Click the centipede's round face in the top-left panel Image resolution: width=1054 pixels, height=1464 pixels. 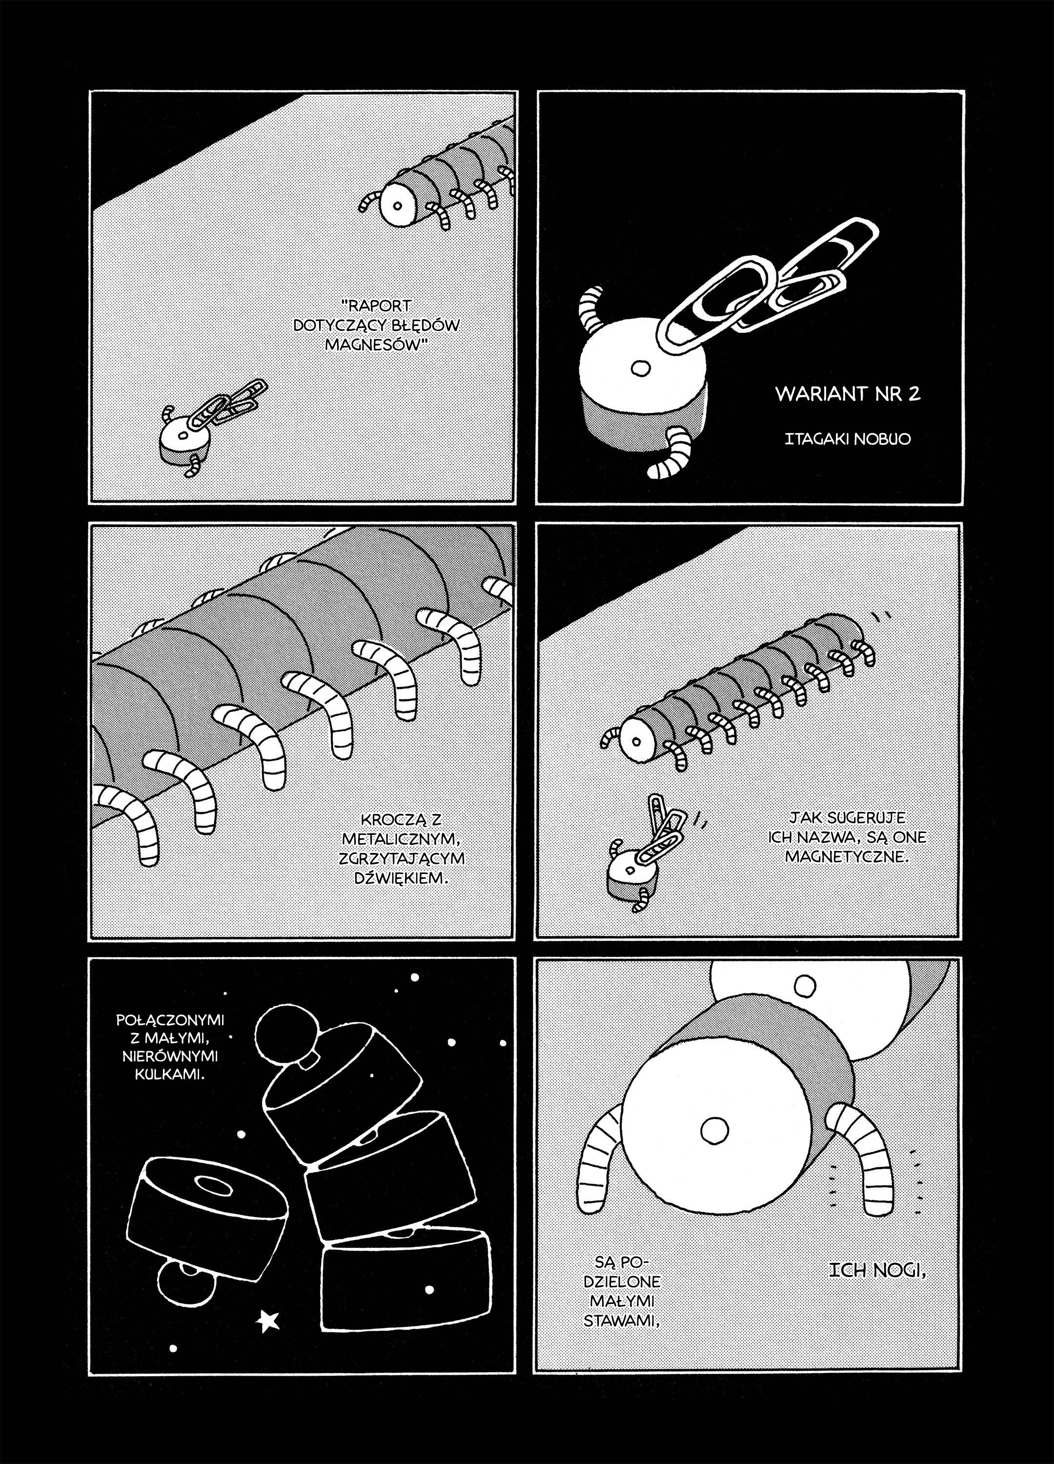coord(398,206)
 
